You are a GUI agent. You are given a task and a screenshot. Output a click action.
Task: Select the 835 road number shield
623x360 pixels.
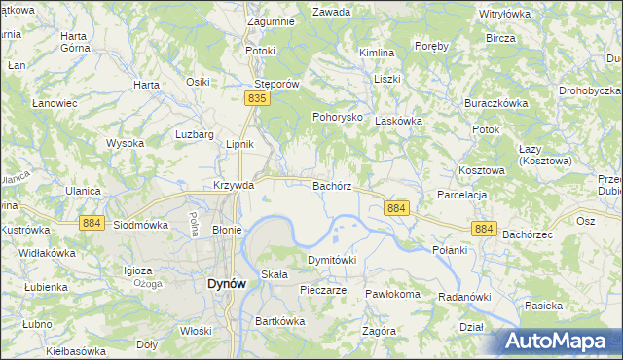(x=257, y=99)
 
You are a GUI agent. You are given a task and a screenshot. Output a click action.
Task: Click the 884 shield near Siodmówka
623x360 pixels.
(x=92, y=223)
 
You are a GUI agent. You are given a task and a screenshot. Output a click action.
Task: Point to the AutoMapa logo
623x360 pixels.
(x=562, y=341)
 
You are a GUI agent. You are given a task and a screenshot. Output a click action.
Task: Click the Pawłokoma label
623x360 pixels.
(x=392, y=294)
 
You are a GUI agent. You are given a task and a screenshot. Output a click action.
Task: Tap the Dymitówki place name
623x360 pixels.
(x=332, y=260)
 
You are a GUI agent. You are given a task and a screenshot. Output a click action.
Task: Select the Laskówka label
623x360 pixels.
(x=398, y=121)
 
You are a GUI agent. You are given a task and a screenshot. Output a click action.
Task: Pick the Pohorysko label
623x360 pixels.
(x=337, y=117)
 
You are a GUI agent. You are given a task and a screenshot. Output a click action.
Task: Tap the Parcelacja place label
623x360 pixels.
(x=461, y=194)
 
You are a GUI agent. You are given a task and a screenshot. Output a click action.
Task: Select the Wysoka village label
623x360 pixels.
(x=125, y=143)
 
